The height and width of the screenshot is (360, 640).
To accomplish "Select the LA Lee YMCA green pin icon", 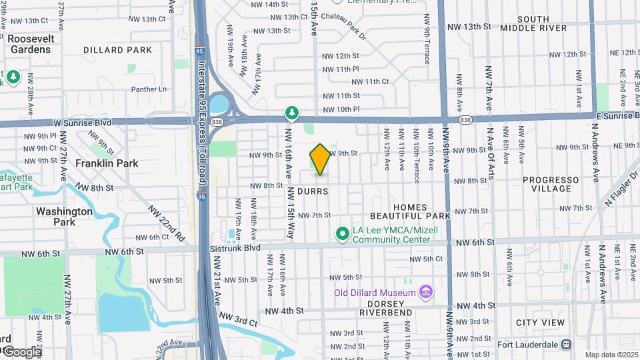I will point(342,233).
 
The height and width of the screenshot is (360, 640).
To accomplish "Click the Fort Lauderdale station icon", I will point(566,345).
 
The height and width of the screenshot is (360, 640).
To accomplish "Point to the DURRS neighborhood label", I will point(312,191).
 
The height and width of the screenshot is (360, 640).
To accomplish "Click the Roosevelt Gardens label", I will point(29,44).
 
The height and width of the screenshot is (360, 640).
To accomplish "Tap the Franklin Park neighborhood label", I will point(107,163).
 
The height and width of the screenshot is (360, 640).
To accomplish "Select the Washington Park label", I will point(64,216).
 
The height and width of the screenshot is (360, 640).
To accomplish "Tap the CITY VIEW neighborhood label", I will point(540,323).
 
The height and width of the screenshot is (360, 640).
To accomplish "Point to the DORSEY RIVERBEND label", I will point(385,307).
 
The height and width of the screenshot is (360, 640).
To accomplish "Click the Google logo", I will point(21,352).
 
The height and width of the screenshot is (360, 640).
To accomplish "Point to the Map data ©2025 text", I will point(611,355).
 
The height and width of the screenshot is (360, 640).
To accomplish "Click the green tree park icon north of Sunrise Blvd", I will point(291,111).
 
